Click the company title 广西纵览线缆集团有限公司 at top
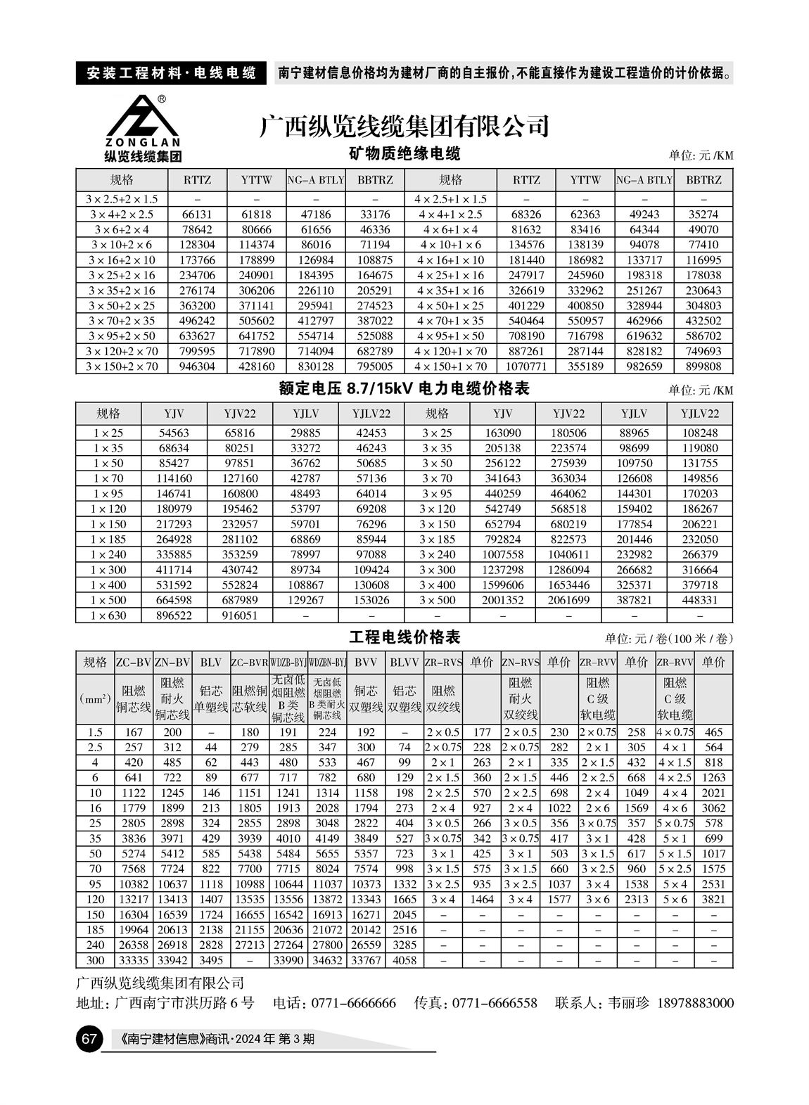404,127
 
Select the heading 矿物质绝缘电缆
404,153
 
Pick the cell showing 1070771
526,366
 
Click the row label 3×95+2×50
122,336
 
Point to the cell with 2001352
502,600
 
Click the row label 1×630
108,615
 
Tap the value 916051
240,615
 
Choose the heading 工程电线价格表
404,638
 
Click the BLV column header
211,662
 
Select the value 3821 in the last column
713,899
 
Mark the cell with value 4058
404,960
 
